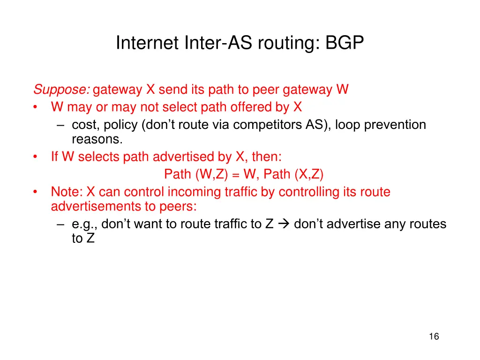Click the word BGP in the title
345,43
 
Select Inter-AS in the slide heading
202,43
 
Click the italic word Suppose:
62,90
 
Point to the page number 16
434,336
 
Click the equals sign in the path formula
235,175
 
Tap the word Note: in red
67,192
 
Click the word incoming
178,192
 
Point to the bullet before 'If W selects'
36,157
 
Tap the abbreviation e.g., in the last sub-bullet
85,225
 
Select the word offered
251,107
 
